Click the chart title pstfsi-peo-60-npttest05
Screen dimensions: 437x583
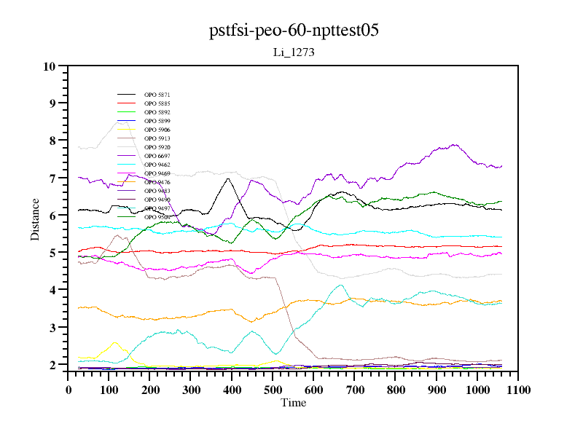(294, 31)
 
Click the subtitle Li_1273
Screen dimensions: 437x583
(294, 52)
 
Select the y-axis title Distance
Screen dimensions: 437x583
(35, 219)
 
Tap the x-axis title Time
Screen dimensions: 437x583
(294, 403)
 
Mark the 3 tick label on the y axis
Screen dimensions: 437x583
(52, 328)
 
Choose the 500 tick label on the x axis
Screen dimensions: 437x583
(273, 390)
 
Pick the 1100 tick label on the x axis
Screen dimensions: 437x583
(518, 390)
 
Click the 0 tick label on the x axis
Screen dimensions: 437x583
(69, 390)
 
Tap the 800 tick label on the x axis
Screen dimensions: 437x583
(395, 390)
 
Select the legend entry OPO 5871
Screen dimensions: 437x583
(157, 95)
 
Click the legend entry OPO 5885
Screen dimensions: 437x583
(157, 103)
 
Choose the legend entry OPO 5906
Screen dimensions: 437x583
(157, 130)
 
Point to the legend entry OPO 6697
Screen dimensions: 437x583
(157, 156)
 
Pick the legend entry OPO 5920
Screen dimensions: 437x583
(157, 147)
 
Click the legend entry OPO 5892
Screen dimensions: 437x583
(157, 112)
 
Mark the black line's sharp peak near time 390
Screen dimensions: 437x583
(228, 178)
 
